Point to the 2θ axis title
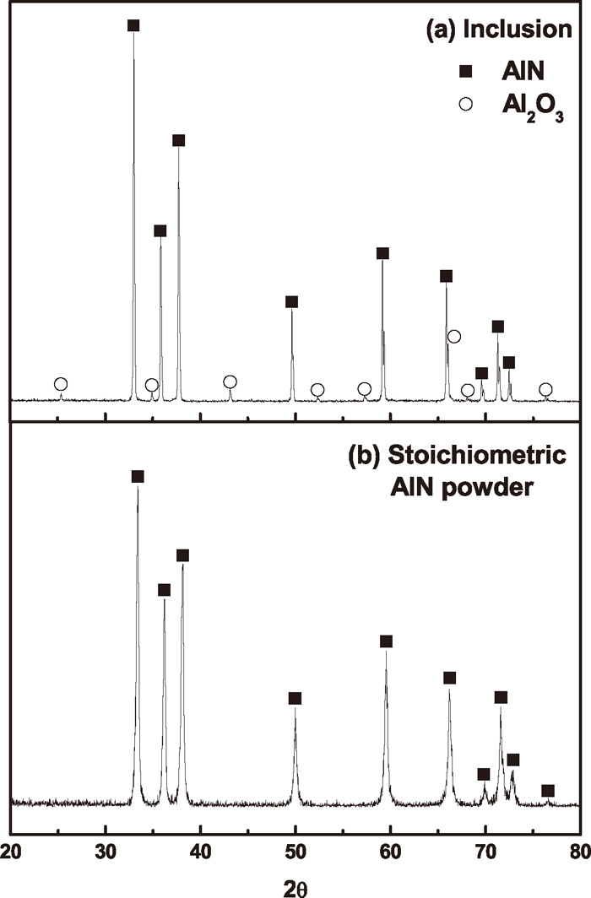[x=295, y=882]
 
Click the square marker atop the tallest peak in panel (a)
[x=133, y=25]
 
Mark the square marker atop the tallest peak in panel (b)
[x=138, y=477]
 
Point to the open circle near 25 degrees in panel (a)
[x=61, y=384]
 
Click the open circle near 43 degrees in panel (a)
[x=230, y=381]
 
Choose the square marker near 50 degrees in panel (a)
[x=291, y=302]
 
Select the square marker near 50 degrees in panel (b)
[x=295, y=698]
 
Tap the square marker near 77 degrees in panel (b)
[x=547, y=791]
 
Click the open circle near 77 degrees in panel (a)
[x=545, y=389]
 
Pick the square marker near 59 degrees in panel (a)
[x=382, y=253]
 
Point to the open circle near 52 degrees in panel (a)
[x=317, y=390]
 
